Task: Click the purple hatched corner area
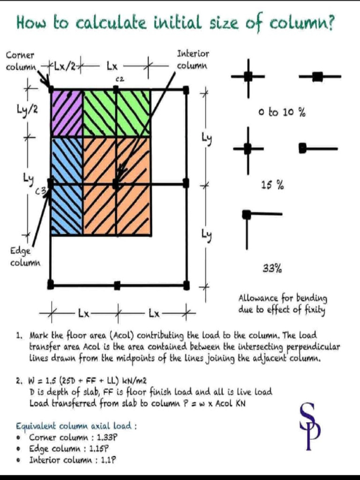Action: point(67,112)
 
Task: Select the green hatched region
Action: point(117,112)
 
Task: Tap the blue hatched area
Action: point(67,185)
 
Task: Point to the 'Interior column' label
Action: point(193,60)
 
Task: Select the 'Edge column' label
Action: point(25,257)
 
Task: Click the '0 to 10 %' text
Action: point(282,112)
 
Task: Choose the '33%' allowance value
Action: point(272,269)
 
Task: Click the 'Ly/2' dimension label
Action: point(30,110)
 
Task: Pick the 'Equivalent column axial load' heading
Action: point(76,426)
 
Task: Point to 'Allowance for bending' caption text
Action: point(283,298)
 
